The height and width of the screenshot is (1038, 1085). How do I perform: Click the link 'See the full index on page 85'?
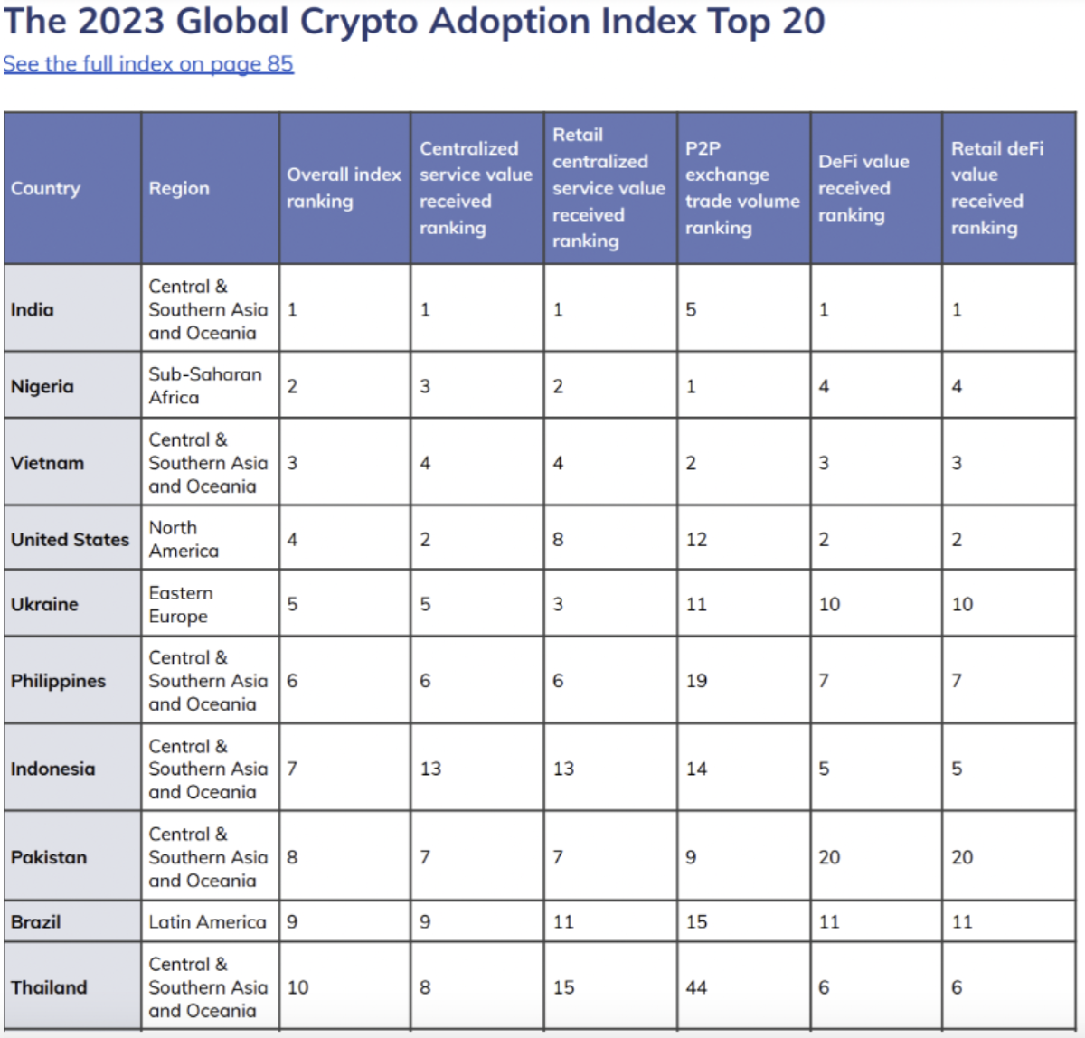tap(148, 64)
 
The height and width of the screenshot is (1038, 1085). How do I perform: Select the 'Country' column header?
tap(46, 188)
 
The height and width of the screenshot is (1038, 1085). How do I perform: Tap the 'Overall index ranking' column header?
tap(344, 188)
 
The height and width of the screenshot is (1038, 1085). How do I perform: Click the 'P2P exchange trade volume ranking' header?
tap(742, 188)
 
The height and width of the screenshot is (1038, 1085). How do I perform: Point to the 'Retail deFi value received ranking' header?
tap(997, 188)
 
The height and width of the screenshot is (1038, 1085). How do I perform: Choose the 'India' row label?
tap(33, 309)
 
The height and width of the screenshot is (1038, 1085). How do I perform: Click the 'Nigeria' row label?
tap(42, 386)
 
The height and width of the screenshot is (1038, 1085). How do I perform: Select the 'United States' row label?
tap(70, 540)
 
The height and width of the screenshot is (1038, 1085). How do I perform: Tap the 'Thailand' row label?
tap(49, 987)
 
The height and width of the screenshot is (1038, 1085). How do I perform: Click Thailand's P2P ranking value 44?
tap(696, 987)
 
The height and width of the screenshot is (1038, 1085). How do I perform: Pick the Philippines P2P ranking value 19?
tap(696, 681)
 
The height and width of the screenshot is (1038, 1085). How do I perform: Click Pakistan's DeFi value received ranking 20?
tap(829, 857)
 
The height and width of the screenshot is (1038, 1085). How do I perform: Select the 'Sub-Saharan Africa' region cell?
tap(205, 386)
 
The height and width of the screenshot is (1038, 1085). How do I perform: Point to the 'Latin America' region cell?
tap(207, 922)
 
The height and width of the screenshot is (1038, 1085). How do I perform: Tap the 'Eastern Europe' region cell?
tap(181, 604)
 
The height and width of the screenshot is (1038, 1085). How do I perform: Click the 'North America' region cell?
tap(184, 539)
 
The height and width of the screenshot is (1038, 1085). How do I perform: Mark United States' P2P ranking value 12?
tap(696, 540)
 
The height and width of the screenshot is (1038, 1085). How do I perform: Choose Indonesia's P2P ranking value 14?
tap(696, 769)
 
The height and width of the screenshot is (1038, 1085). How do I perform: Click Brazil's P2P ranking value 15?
tap(696, 922)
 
